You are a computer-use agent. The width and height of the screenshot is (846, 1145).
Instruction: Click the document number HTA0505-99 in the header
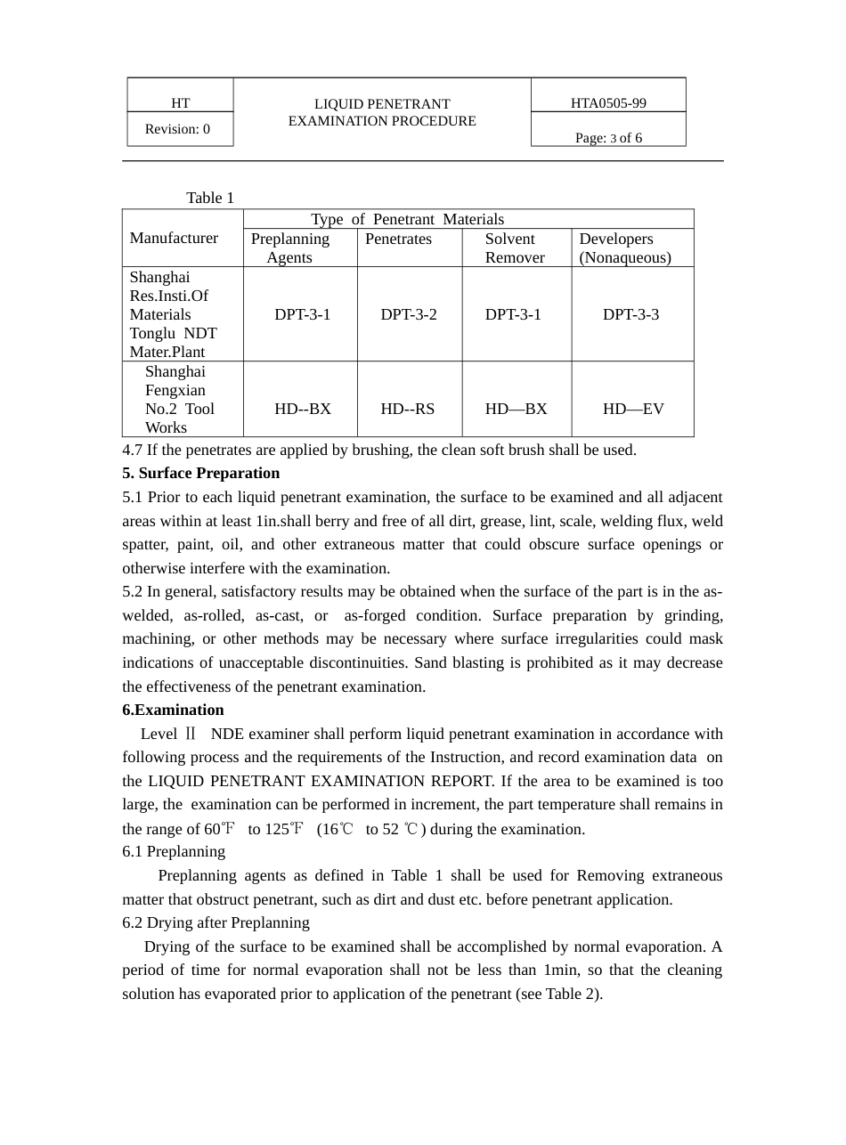pyautogui.click(x=608, y=103)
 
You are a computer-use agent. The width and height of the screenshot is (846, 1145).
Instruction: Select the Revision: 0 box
pyautogui.click(x=177, y=129)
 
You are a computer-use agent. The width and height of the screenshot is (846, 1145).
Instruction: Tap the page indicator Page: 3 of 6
pyautogui.click(x=608, y=138)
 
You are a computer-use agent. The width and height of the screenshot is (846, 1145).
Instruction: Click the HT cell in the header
pyautogui.click(x=180, y=103)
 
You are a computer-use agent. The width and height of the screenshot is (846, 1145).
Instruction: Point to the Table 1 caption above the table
pyautogui.click(x=210, y=198)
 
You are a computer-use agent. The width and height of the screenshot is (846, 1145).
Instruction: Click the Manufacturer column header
pyautogui.click(x=174, y=238)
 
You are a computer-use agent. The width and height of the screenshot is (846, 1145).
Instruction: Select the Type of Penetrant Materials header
pyautogui.click(x=407, y=219)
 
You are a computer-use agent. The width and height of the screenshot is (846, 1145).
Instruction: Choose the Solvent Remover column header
pyautogui.click(x=514, y=248)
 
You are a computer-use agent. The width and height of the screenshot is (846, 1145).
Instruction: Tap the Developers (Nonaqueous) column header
pyautogui.click(x=624, y=248)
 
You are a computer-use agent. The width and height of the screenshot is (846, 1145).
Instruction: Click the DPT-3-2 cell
pyautogui.click(x=409, y=314)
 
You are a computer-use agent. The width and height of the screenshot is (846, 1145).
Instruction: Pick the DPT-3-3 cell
pyautogui.click(x=630, y=314)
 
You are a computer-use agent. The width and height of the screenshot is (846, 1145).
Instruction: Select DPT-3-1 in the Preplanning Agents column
pyautogui.click(x=302, y=314)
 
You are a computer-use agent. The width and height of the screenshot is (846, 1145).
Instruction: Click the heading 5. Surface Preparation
pyautogui.click(x=201, y=473)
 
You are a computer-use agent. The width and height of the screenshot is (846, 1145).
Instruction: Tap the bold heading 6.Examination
pyautogui.click(x=173, y=710)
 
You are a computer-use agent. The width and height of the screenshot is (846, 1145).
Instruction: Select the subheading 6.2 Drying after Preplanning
pyautogui.click(x=216, y=922)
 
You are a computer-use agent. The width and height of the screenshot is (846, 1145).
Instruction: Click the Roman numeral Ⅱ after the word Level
pyautogui.click(x=189, y=735)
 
